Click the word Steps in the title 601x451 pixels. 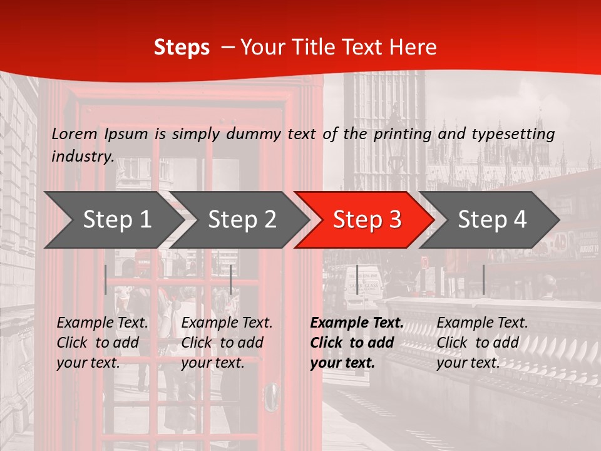tap(182, 48)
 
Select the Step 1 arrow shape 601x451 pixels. tap(113, 219)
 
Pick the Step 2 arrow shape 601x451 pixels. tap(241, 219)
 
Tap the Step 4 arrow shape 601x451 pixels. tap(491, 219)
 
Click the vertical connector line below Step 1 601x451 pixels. tap(106, 279)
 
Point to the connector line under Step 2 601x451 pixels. tap(231, 279)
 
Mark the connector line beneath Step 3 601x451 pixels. tap(357, 279)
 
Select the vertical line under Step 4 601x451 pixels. tap(483, 279)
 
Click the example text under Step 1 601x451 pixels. tap(102, 343)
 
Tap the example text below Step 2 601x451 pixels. tap(227, 343)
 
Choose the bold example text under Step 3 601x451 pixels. tap(357, 343)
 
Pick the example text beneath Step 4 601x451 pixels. tap(482, 343)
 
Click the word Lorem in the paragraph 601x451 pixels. tap(74, 133)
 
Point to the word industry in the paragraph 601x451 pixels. tap(83, 157)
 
